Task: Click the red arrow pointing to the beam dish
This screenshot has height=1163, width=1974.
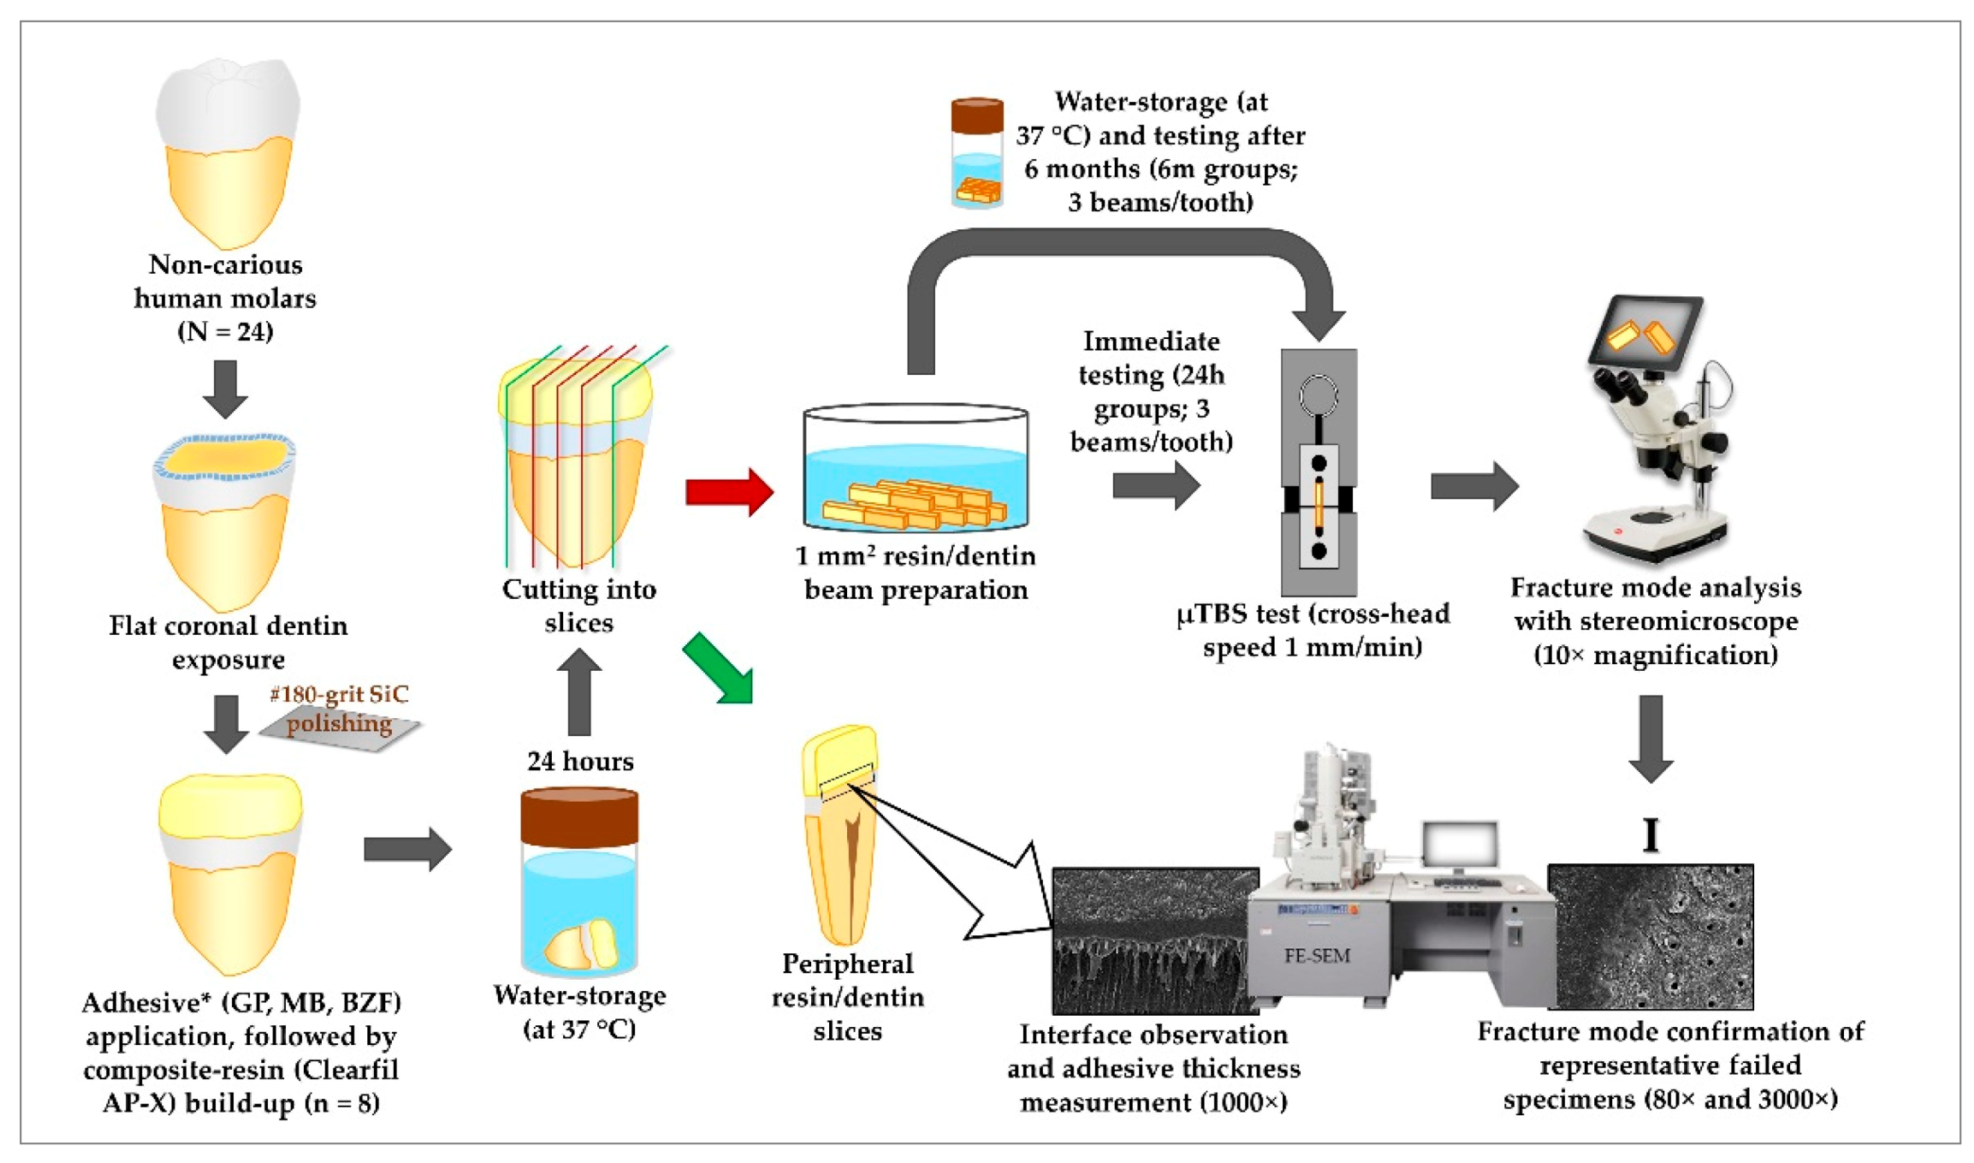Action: pos(729,492)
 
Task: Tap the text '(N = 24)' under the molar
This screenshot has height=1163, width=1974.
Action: pos(225,331)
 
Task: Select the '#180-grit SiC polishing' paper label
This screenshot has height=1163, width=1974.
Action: pos(340,710)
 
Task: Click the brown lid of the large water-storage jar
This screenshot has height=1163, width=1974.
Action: pos(579,818)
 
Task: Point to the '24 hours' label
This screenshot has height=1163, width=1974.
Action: pos(580,761)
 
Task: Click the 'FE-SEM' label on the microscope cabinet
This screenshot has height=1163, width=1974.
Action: pos(1316,956)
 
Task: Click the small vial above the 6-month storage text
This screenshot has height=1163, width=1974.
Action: pos(976,153)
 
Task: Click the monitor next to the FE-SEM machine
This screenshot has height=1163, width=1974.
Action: pos(1461,847)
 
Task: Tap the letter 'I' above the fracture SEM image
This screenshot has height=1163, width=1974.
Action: pos(1651,834)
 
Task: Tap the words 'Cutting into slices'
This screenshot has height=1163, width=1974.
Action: pos(579,605)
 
